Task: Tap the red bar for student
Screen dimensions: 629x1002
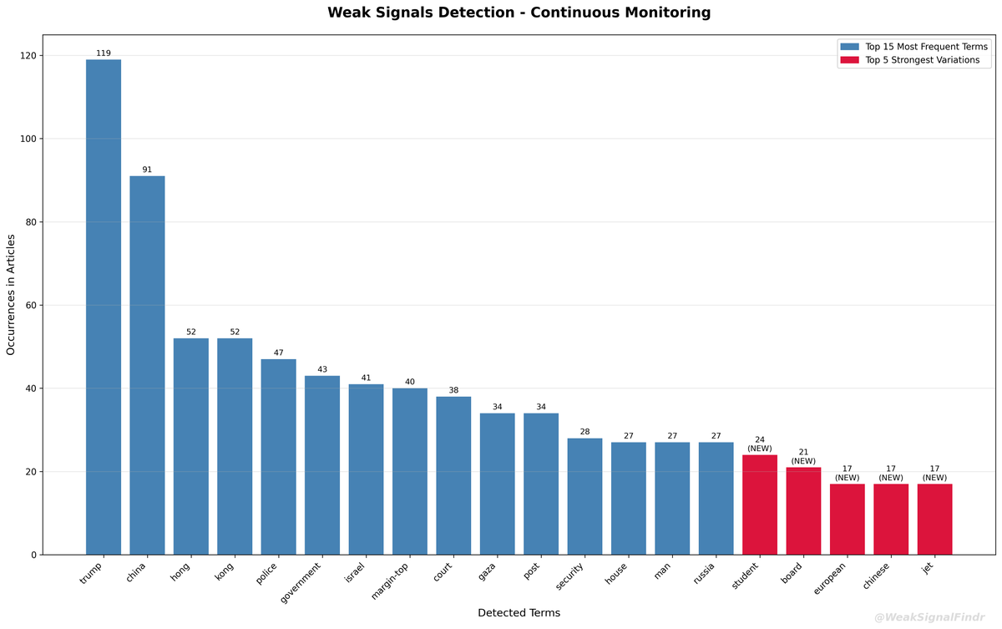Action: [x=759, y=505]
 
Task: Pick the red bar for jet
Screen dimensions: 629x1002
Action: [x=934, y=519]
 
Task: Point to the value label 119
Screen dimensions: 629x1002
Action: [x=104, y=53]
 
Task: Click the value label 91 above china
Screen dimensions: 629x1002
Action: [x=147, y=170]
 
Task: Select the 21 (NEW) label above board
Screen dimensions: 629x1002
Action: [x=803, y=457]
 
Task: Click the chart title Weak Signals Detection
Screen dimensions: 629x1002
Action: [x=519, y=13]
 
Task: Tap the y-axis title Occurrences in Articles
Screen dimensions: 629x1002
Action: [x=12, y=295]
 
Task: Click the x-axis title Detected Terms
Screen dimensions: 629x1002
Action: [x=519, y=613]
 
